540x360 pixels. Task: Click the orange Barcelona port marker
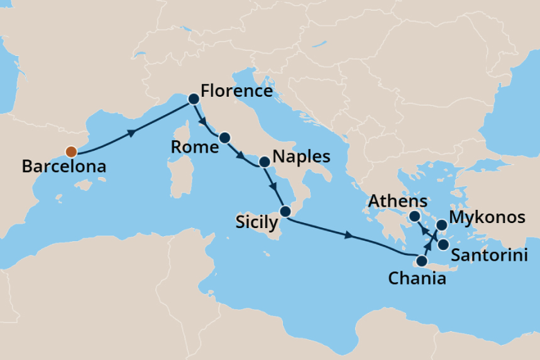(71, 151)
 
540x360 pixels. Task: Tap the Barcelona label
(63, 168)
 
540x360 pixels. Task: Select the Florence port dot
(194, 99)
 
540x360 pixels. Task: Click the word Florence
(236, 91)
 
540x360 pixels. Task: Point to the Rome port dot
(224, 137)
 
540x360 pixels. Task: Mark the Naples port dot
(264, 161)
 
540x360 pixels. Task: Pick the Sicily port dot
(285, 211)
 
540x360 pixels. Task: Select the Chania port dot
(421, 261)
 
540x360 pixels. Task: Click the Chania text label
(417, 278)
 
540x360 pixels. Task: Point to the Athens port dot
(415, 217)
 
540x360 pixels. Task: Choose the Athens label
(397, 202)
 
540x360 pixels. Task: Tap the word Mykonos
(489, 218)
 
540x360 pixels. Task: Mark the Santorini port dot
(443, 244)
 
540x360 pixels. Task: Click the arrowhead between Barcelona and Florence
(131, 133)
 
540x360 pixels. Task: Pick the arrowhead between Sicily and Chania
(349, 236)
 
